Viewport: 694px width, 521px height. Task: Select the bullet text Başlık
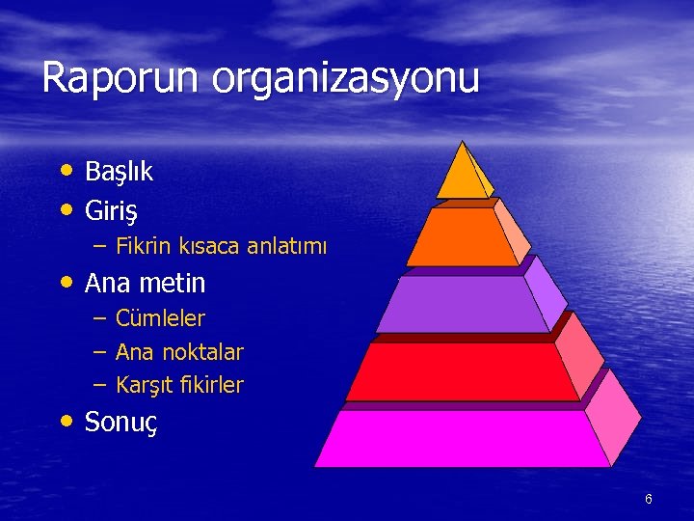(x=119, y=172)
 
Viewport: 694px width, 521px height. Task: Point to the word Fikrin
(x=144, y=246)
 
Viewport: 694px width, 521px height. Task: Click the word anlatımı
(x=287, y=246)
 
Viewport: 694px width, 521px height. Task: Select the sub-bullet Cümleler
(x=160, y=318)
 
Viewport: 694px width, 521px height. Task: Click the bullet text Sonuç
(x=121, y=423)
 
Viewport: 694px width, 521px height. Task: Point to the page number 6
(x=649, y=499)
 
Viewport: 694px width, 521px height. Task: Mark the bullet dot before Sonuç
(x=66, y=421)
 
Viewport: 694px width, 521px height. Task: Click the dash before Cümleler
(x=99, y=318)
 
